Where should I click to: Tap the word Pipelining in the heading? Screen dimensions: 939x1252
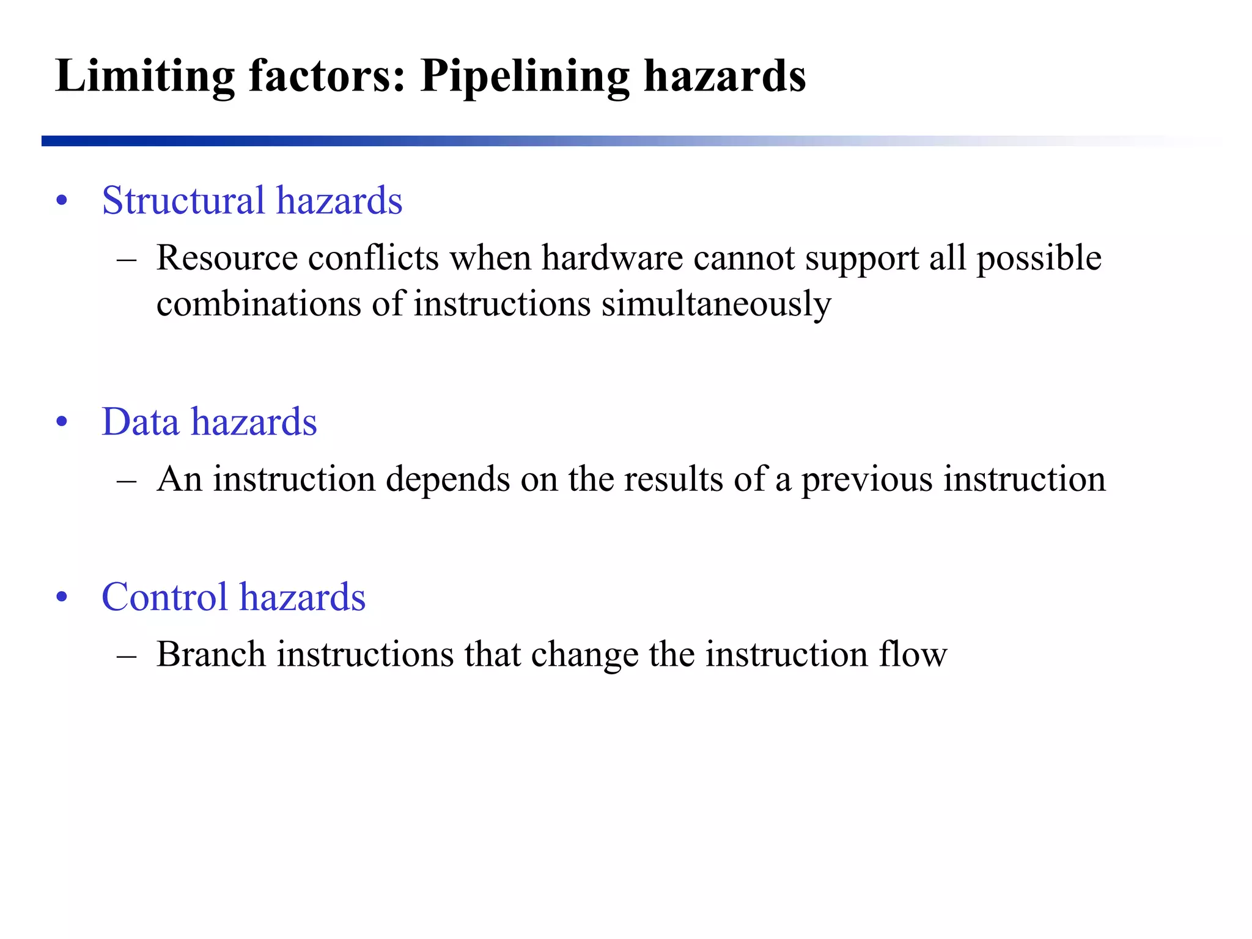(525, 76)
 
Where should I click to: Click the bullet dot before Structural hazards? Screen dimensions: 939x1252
(61, 201)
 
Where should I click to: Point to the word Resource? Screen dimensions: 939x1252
(227, 258)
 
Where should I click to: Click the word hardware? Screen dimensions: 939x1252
(612, 258)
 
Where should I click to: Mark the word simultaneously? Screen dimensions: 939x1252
(716, 304)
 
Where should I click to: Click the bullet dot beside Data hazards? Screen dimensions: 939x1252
(61, 422)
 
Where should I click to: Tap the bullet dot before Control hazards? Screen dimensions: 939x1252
(61, 598)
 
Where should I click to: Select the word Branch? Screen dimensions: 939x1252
(211, 655)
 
